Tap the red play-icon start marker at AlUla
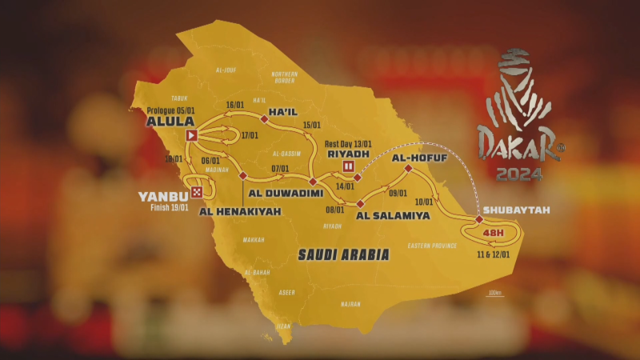coord(191,136)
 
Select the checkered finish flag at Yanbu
coord(196,193)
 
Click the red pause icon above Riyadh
coord(348,166)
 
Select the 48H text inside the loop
coord(494,234)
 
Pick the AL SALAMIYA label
coord(387,214)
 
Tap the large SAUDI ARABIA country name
coord(343,255)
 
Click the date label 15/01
coord(312,125)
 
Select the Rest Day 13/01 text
coord(351,143)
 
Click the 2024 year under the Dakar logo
coord(518,173)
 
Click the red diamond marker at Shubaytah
coord(479,219)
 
